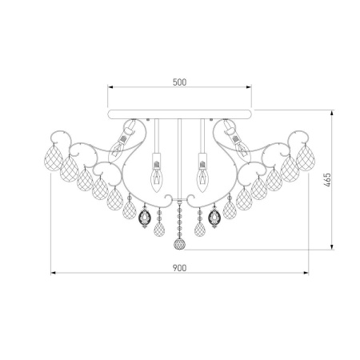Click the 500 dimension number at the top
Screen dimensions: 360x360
pos(180,82)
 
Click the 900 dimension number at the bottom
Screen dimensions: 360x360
pos(180,267)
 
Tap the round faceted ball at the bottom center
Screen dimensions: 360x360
pos(179,242)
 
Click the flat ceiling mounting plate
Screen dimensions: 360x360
pos(180,107)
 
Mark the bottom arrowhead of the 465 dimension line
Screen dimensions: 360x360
pos(326,248)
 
